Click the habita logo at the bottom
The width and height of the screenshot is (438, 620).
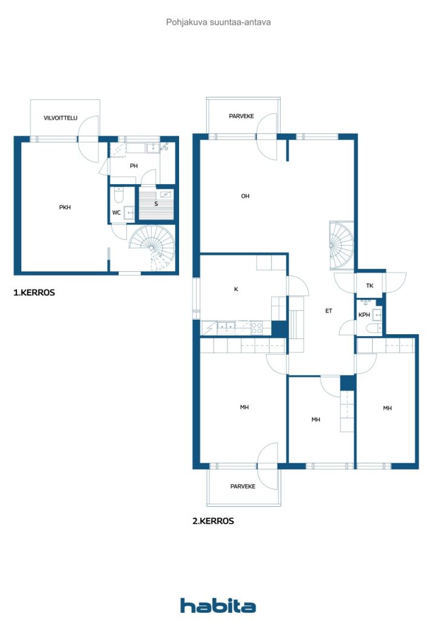(218, 605)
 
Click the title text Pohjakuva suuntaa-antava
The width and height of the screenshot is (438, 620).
(218, 22)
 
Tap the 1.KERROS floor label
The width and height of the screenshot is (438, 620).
(34, 292)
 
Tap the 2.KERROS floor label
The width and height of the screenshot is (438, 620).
(213, 521)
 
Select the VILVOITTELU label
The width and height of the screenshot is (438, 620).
(60, 118)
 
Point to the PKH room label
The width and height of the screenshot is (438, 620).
(65, 207)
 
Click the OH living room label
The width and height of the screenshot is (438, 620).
(245, 196)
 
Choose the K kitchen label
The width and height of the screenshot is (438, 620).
(236, 289)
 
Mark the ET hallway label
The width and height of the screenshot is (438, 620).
(328, 311)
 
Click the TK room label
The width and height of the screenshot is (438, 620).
(369, 286)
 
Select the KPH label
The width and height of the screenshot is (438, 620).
(364, 315)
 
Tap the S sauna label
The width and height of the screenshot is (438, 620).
(156, 204)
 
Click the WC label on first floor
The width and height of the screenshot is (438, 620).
(116, 213)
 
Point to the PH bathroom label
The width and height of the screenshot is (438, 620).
(134, 166)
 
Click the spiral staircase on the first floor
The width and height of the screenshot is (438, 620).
(151, 245)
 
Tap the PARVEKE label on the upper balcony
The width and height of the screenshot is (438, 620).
(241, 116)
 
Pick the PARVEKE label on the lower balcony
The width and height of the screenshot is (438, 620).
(243, 486)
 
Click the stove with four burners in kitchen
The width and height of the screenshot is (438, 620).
(257, 327)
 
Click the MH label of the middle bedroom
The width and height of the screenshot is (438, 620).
(315, 420)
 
